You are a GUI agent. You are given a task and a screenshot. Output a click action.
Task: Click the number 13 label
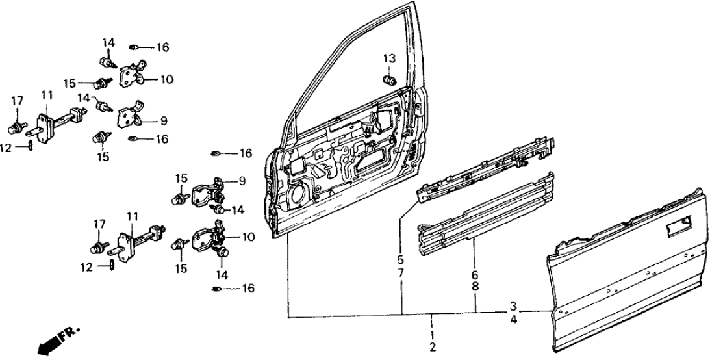(388, 59)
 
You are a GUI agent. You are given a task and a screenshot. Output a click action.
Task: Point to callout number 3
(513, 306)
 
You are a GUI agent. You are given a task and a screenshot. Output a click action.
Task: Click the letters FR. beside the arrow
(68, 335)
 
